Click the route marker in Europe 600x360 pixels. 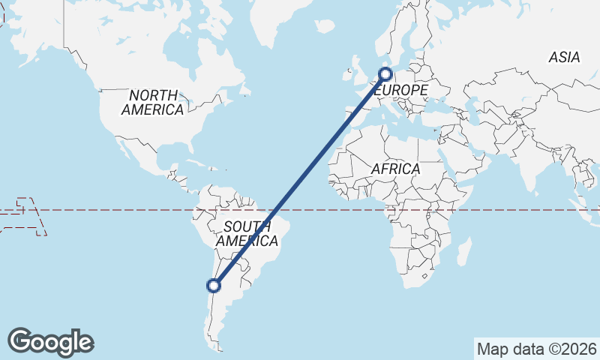(385, 73)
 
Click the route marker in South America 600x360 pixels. (214, 285)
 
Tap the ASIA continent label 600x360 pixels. (564, 57)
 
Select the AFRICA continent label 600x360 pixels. (395, 169)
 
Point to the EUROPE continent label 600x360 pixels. (402, 90)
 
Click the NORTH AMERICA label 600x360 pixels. (153, 103)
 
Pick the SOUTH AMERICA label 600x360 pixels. (247, 234)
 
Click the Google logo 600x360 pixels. (50, 342)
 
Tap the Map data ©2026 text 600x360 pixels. (536, 349)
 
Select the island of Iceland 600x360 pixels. (324, 26)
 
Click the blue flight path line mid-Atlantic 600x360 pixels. (300, 179)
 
